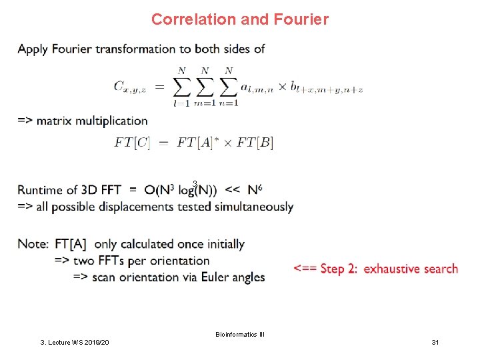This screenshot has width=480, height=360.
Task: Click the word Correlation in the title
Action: click(x=193, y=19)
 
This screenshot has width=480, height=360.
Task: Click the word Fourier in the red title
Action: click(x=301, y=19)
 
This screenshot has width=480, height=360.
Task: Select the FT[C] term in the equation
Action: click(x=132, y=142)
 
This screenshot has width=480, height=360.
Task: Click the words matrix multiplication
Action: click(x=92, y=121)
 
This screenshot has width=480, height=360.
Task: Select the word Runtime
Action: click(x=43, y=190)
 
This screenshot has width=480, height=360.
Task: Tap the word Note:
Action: click(x=34, y=244)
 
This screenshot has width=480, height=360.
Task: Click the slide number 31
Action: click(x=435, y=342)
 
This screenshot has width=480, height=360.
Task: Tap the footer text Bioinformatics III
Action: click(x=240, y=333)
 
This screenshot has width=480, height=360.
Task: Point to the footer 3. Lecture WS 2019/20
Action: click(x=75, y=342)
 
